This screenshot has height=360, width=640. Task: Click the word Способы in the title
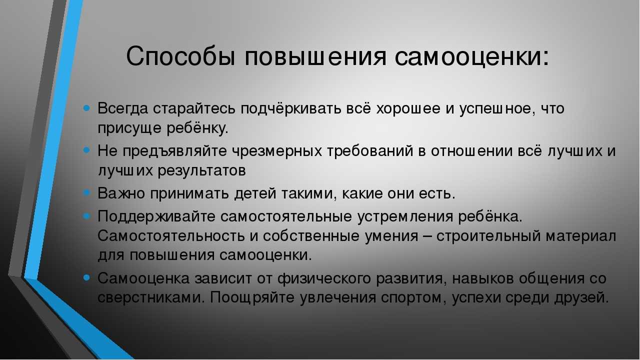tap(181, 55)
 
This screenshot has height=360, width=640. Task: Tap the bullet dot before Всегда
tap(86, 108)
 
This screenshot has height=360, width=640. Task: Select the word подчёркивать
tap(291, 109)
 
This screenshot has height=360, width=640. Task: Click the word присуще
tap(129, 128)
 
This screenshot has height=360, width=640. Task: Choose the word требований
tap(370, 151)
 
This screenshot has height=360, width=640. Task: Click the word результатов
tap(201, 171)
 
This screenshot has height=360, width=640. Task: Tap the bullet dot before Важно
tap(86, 192)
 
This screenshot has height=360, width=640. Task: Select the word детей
tap(255, 193)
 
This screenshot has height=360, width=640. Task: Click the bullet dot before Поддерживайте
tap(86, 215)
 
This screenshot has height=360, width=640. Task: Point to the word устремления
tap(405, 217)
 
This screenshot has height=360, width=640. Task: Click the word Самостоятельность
tap(171, 236)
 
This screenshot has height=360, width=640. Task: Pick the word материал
tap(581, 236)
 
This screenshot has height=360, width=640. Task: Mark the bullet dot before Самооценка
tap(86, 277)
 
